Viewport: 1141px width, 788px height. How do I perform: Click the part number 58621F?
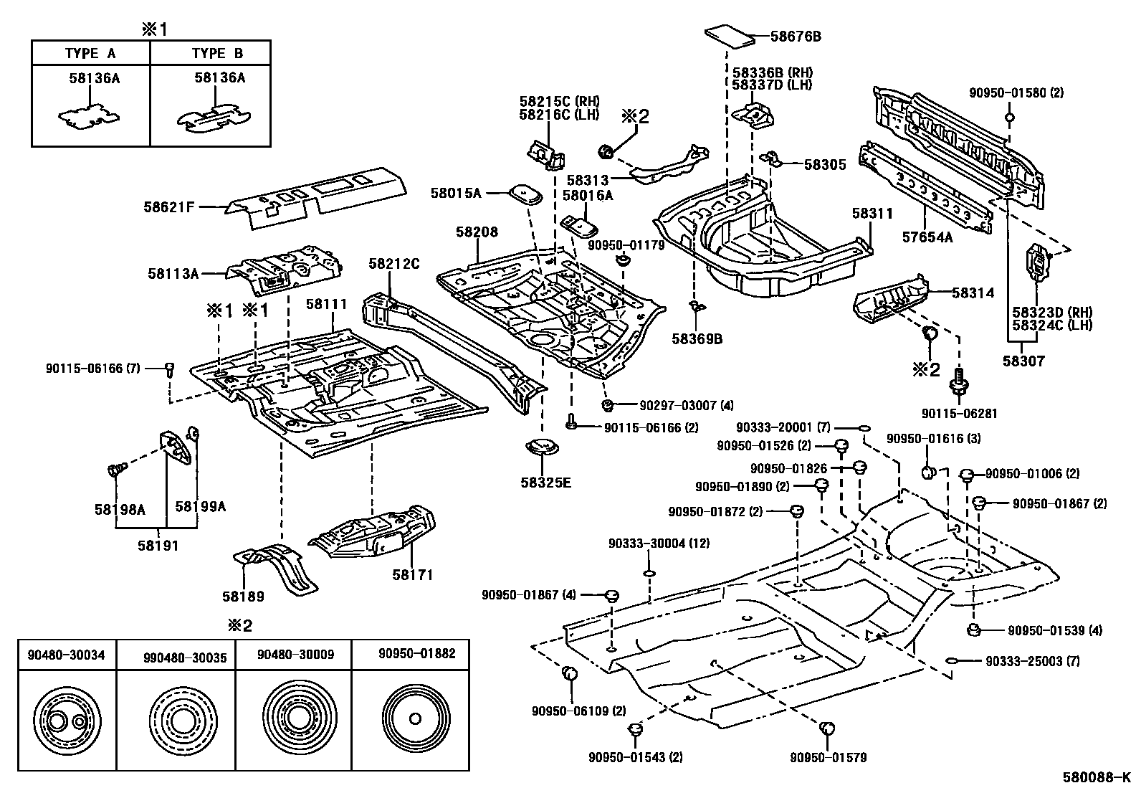click(168, 207)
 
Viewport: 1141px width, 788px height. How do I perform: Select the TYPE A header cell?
click(90, 53)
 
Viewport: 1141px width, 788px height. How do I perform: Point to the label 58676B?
click(796, 35)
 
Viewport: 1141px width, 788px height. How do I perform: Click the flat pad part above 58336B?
click(730, 36)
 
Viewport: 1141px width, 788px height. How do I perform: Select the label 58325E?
click(546, 482)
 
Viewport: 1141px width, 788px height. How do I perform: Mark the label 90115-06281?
click(959, 414)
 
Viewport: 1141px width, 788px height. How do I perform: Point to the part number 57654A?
click(927, 237)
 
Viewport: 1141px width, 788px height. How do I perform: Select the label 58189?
click(243, 596)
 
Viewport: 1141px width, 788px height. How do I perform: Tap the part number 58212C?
click(393, 263)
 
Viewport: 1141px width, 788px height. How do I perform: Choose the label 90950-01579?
click(829, 757)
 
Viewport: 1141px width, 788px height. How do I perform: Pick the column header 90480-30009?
click(295, 654)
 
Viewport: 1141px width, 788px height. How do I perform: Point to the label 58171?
click(413, 574)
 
